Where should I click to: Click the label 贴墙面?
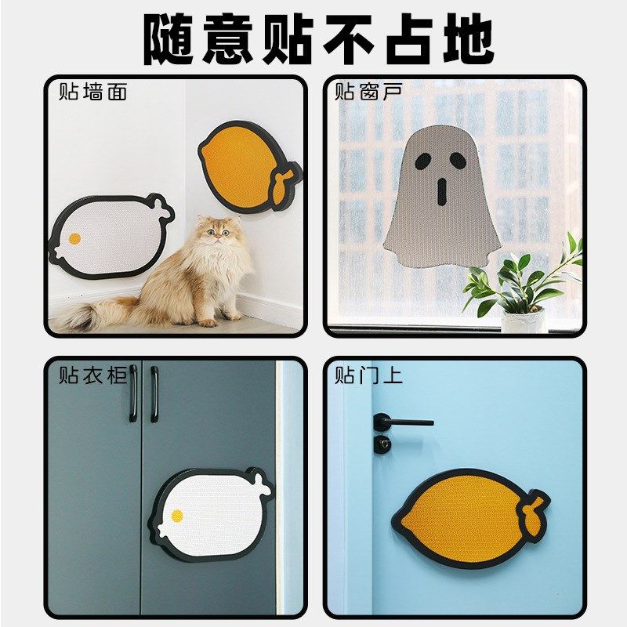(92, 92)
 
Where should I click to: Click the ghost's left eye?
(422, 161)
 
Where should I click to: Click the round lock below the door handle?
(382, 444)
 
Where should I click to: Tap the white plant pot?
(523, 320)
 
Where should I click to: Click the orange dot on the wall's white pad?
(74, 237)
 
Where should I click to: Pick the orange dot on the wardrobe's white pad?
(177, 515)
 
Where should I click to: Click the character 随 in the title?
(169, 38)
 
